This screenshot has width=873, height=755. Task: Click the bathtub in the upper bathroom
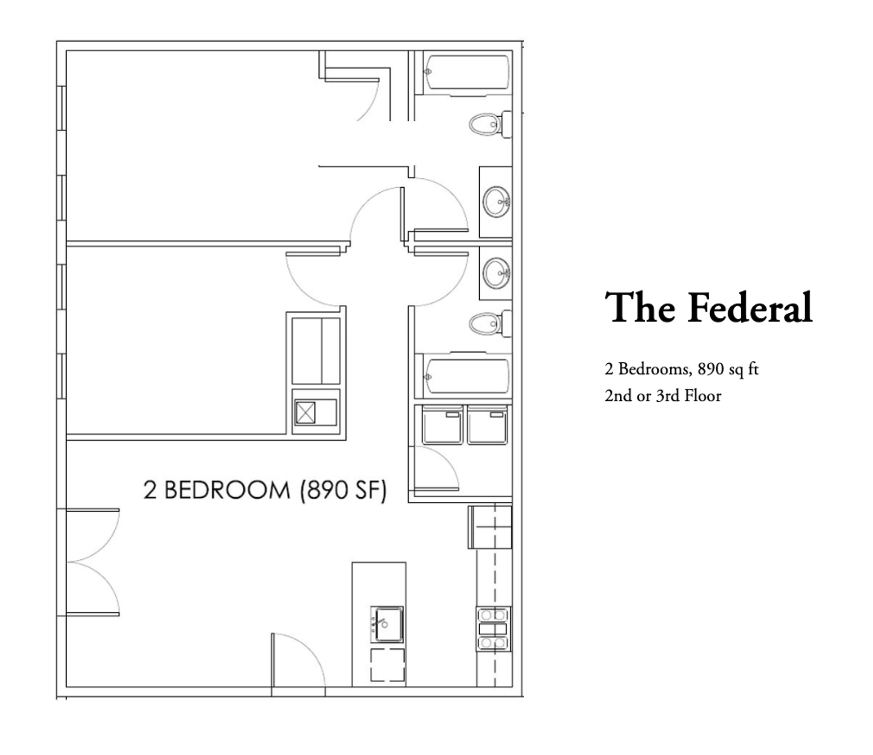tap(467, 73)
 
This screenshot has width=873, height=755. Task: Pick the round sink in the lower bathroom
tap(496, 273)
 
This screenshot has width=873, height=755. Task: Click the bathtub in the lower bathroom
tap(467, 376)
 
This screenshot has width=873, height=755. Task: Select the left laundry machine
tap(442, 425)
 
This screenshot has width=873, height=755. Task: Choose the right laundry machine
tap(487, 425)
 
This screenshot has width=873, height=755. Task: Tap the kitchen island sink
tap(387, 624)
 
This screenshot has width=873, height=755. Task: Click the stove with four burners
tap(493, 629)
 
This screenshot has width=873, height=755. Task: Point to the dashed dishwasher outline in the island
tap(387, 665)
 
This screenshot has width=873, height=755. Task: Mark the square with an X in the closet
tap(305, 412)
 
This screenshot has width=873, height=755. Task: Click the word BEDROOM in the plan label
tap(226, 490)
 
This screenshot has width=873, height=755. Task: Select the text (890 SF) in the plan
tap(343, 490)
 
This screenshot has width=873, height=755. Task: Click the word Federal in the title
tap(750, 308)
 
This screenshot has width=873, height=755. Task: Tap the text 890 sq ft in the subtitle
tap(728, 369)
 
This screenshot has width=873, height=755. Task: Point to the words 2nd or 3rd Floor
tap(662, 396)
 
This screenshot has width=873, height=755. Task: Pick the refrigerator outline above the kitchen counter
tap(490, 527)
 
